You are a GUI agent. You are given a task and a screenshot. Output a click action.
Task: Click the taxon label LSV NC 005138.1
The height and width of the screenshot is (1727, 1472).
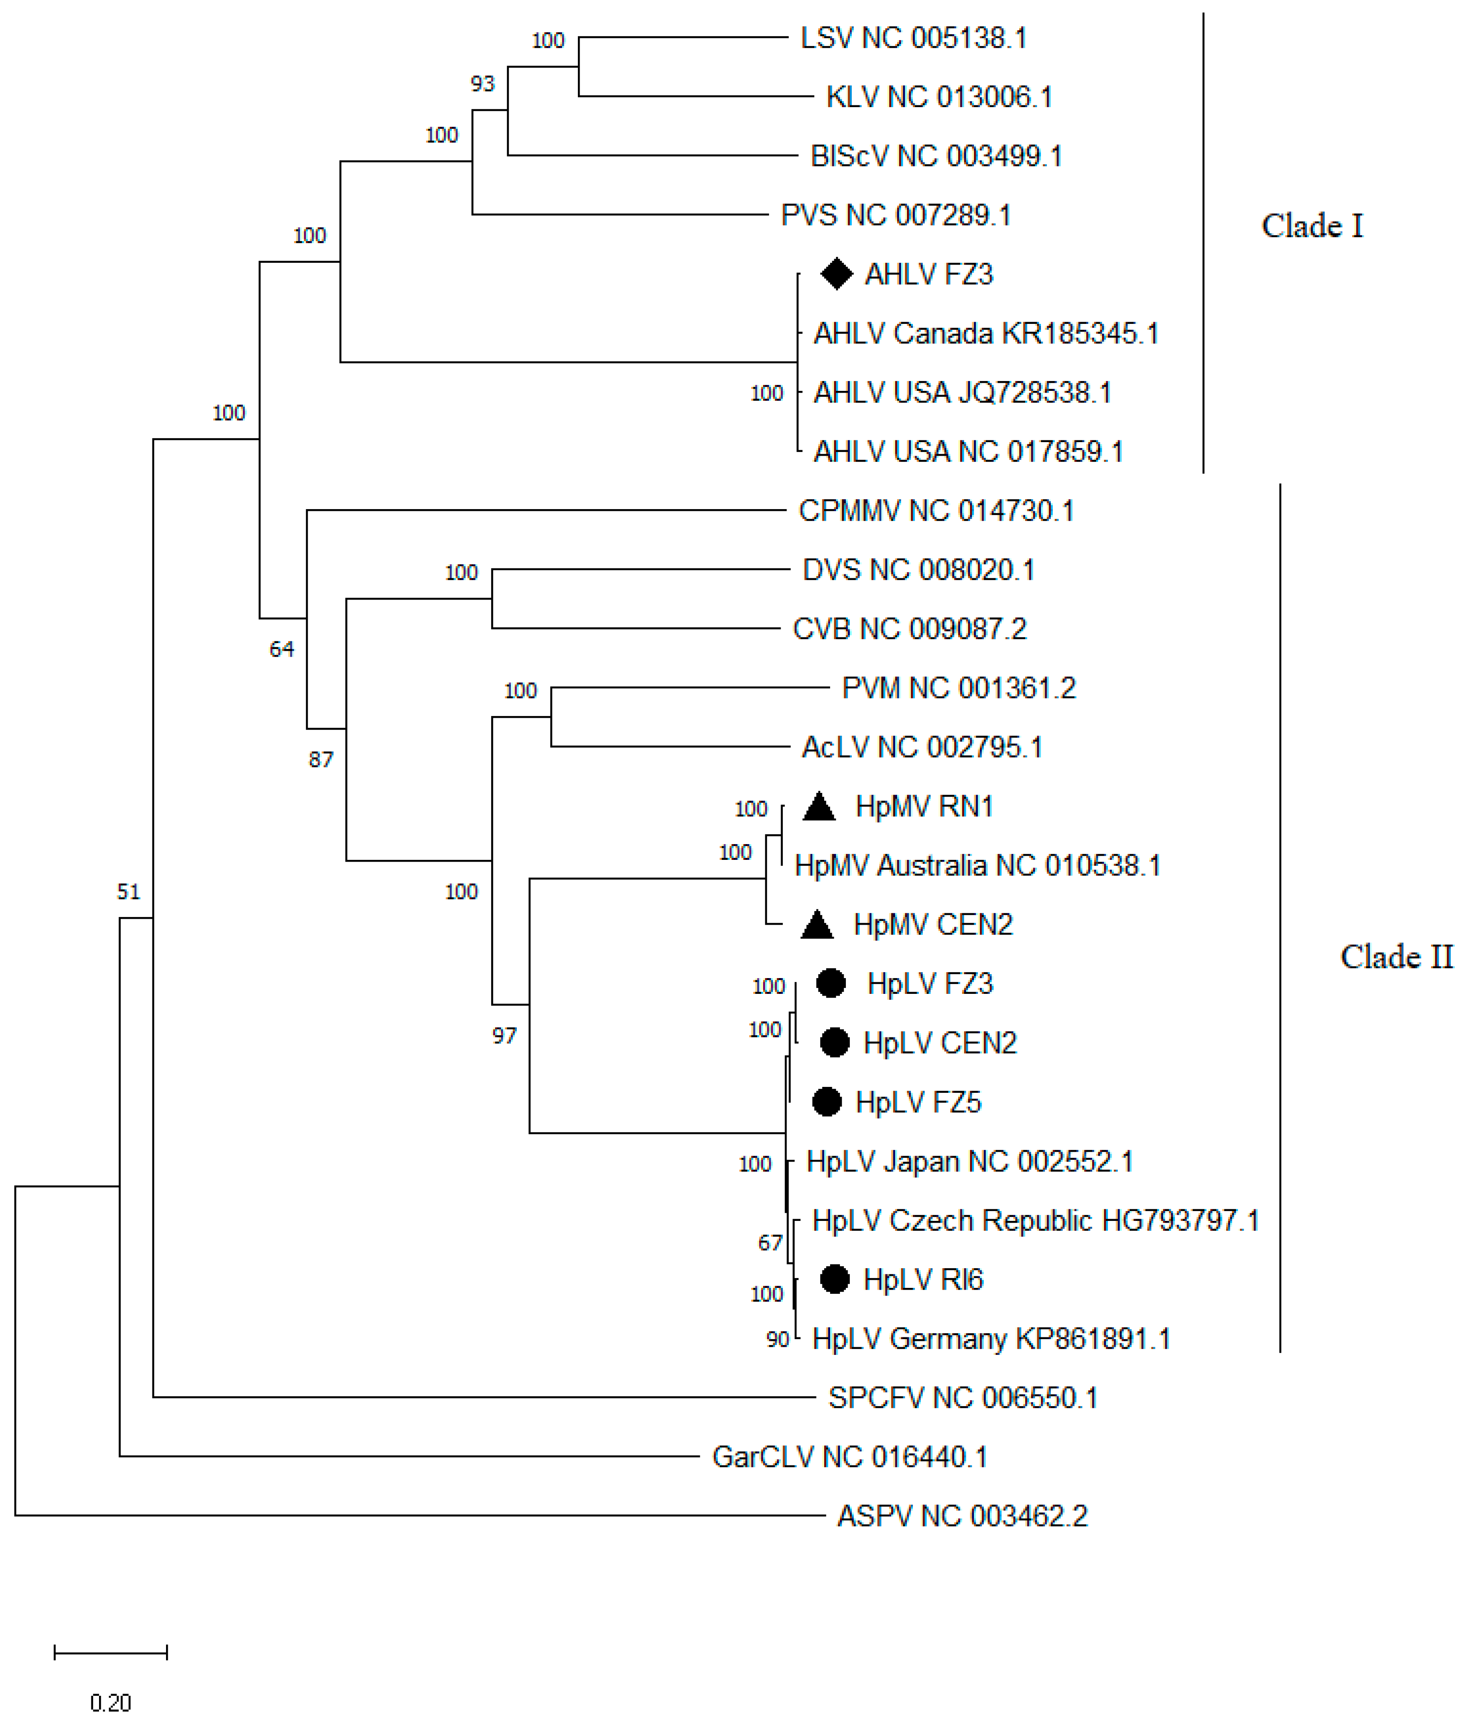(913, 38)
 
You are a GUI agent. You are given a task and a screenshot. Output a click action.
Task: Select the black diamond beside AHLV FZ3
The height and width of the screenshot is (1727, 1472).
(836, 274)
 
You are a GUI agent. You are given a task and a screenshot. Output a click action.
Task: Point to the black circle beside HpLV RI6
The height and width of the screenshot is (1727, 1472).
(834, 1279)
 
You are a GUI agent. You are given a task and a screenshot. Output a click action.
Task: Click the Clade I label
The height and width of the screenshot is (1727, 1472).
(1312, 226)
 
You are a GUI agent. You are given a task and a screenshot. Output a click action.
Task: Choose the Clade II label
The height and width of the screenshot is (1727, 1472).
(1396, 956)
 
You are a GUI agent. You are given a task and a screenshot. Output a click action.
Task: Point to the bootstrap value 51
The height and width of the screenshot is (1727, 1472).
(128, 892)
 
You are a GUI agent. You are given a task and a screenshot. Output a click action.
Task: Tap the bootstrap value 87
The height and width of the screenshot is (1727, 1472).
(321, 759)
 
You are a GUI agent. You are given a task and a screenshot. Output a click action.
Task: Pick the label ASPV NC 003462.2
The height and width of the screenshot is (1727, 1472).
(962, 1515)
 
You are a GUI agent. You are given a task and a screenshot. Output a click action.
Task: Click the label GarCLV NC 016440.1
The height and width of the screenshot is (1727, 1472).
(849, 1456)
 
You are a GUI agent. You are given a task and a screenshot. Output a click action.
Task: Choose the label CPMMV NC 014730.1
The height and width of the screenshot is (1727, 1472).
(936, 510)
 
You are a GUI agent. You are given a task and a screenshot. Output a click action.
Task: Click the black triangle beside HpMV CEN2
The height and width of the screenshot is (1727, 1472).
(817, 924)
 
